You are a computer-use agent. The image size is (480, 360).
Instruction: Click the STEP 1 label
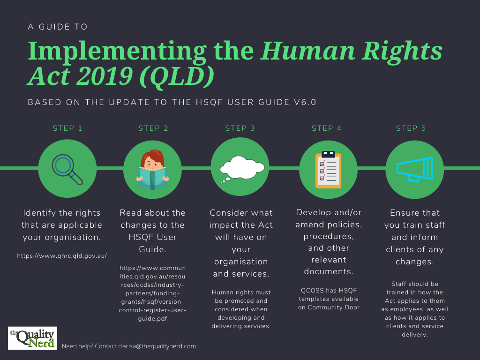pyautogui.click(x=67, y=128)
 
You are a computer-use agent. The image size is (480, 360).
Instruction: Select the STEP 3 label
pyautogui.click(x=240, y=128)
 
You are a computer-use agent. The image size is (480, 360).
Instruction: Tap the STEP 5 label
pyautogui.click(x=411, y=128)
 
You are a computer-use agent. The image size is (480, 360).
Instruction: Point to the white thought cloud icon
pyautogui.click(x=240, y=168)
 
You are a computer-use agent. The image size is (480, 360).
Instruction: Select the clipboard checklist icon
pyautogui.click(x=328, y=169)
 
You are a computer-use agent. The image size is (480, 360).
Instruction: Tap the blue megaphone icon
pyautogui.click(x=414, y=169)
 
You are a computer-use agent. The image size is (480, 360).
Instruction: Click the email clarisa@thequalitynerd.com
pyautogui.click(x=157, y=346)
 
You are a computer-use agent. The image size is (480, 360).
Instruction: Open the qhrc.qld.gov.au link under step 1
pyautogui.click(x=62, y=255)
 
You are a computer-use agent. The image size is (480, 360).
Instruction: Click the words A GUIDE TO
pyautogui.click(x=58, y=27)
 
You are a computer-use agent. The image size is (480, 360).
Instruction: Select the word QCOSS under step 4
pyautogui.click(x=310, y=290)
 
